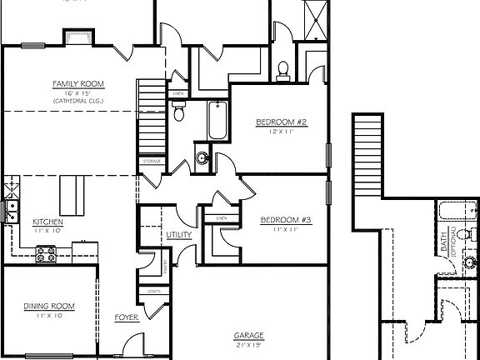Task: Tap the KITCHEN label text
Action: [48, 222]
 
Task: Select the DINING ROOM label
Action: [48, 307]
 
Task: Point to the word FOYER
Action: [126, 317]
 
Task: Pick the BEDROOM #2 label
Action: [282, 122]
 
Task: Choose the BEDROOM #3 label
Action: [286, 220]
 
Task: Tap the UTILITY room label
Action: [179, 235]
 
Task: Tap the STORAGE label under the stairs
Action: [151, 161]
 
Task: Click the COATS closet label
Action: [152, 291]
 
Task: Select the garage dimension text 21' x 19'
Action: [249, 344]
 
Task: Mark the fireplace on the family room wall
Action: [77, 37]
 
